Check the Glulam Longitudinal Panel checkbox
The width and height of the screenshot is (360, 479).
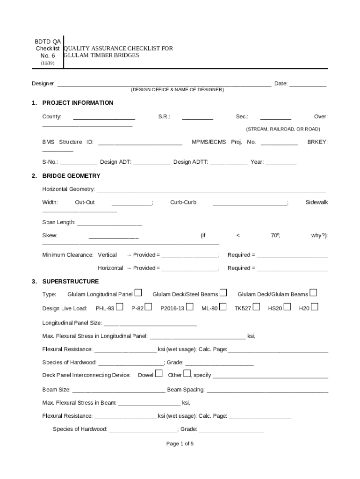click(x=138, y=293)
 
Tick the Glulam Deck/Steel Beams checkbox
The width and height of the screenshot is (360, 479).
click(x=223, y=293)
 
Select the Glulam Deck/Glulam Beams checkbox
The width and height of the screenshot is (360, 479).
click(x=313, y=293)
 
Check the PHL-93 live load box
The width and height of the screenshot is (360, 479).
click(x=120, y=307)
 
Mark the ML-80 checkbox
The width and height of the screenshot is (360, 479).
click(x=223, y=307)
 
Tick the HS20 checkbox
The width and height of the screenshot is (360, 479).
click(x=287, y=307)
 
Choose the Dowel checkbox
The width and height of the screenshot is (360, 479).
click(x=159, y=373)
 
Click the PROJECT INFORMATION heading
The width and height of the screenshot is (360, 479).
click(x=78, y=103)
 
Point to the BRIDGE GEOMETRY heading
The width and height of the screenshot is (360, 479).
click(x=71, y=176)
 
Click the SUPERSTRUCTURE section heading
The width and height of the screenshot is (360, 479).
click(x=71, y=282)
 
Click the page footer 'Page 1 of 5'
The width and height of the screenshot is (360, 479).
click(x=180, y=444)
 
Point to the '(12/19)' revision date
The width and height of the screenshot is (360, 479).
click(x=48, y=63)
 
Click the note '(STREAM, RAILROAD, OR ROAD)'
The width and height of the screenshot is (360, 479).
click(x=283, y=129)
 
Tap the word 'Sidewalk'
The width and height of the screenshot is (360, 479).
click(x=317, y=203)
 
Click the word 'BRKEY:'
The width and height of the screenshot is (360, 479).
click(x=317, y=142)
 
